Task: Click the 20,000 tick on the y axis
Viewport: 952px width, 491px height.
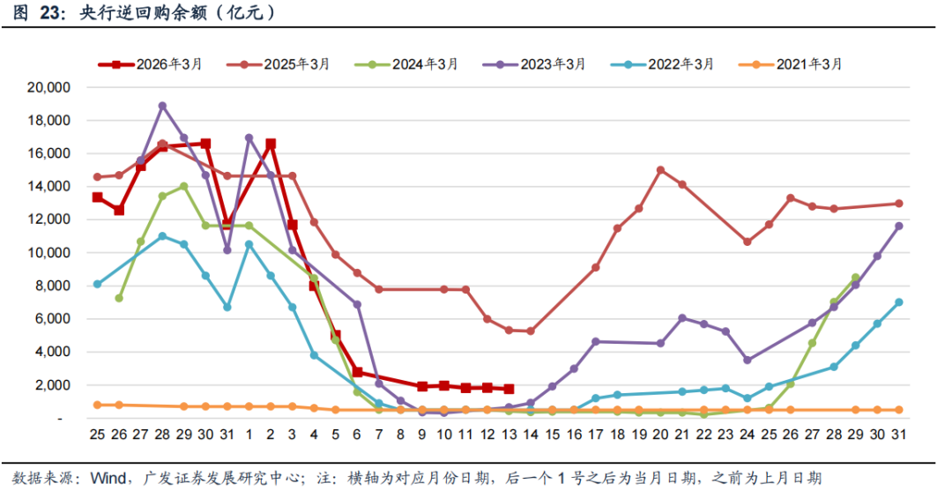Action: click(x=48, y=87)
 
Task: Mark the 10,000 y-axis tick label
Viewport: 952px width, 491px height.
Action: click(x=48, y=253)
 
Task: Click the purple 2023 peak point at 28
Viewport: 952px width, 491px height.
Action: click(x=162, y=106)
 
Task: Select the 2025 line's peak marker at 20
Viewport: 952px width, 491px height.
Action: click(x=660, y=170)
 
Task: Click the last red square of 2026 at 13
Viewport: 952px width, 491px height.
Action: click(x=509, y=389)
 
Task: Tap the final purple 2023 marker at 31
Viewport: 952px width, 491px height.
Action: click(x=898, y=226)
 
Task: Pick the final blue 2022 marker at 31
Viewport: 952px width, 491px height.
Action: click(x=898, y=302)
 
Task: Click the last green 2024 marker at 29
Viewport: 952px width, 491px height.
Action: click(x=855, y=278)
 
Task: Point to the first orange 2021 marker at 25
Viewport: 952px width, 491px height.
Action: click(x=97, y=405)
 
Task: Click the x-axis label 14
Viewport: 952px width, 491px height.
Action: click(x=531, y=435)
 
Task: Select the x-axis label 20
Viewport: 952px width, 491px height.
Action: click(x=660, y=435)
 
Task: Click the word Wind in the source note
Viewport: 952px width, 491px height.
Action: click(x=108, y=479)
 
